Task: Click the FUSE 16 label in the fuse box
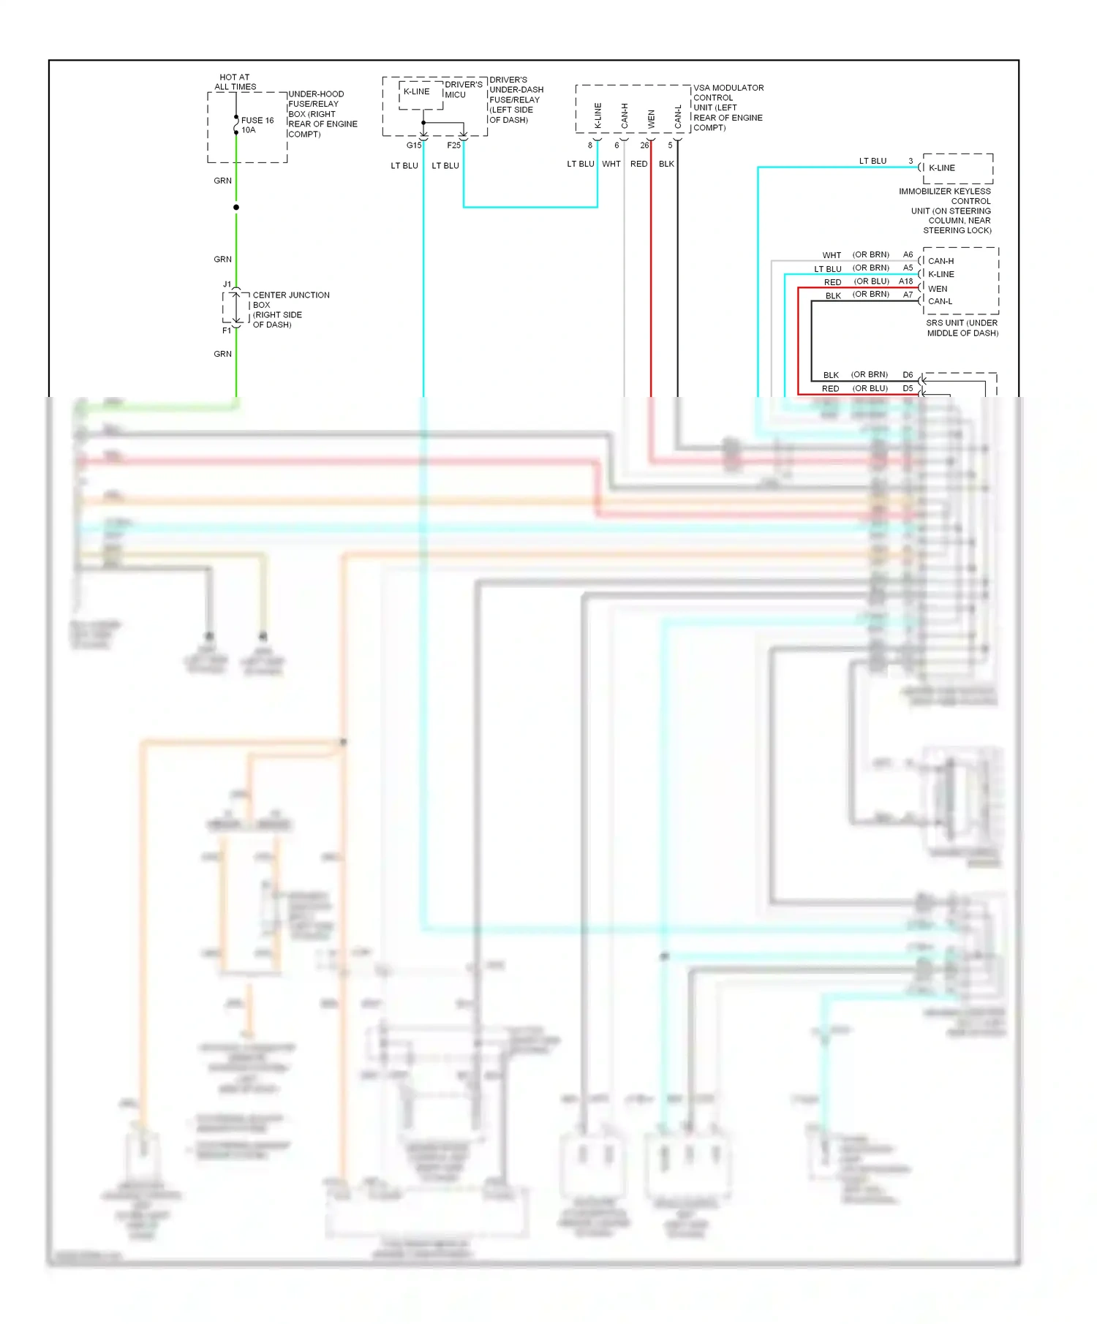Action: [257, 121]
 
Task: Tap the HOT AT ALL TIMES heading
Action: [235, 82]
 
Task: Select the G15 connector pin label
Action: [413, 145]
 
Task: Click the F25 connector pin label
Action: [453, 145]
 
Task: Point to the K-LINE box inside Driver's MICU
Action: [417, 92]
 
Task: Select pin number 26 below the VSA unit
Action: [644, 145]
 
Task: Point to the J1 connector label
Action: [227, 284]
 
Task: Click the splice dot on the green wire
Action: [236, 208]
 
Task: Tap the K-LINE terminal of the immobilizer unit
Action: [942, 168]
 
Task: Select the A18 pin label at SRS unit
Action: [905, 281]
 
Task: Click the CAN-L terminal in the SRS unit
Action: [940, 301]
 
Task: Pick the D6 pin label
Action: [908, 375]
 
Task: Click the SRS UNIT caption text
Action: [962, 328]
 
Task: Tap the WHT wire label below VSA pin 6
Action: [611, 164]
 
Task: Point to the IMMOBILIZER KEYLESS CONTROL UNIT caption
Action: [945, 211]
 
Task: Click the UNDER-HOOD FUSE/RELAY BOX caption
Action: [322, 114]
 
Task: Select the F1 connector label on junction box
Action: [226, 331]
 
